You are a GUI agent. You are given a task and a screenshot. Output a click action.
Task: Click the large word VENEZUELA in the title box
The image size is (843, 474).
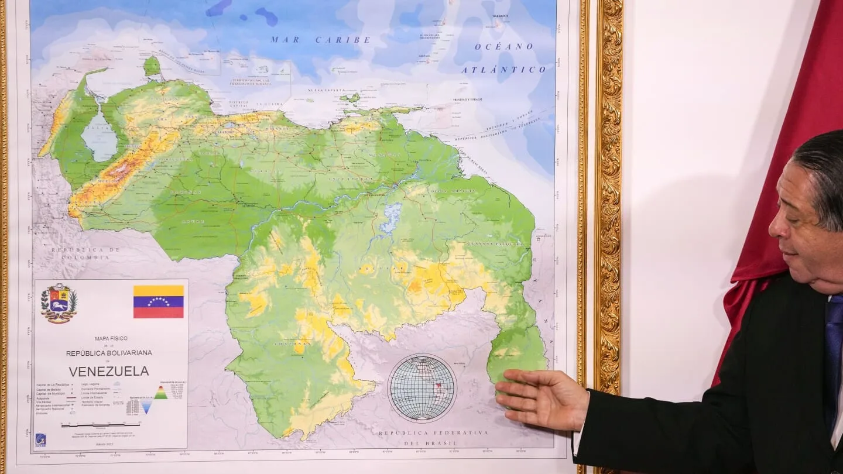click(109, 371)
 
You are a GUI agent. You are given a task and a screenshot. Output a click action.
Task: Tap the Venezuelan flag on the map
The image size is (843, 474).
click(158, 301)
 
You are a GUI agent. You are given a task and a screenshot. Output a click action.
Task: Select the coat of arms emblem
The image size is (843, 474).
click(59, 303)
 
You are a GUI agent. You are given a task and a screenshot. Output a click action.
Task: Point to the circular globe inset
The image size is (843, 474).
click(422, 388)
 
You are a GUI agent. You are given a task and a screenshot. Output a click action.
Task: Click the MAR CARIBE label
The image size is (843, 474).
click(320, 40)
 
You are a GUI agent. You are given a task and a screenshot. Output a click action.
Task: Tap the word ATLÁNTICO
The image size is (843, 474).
click(503, 70)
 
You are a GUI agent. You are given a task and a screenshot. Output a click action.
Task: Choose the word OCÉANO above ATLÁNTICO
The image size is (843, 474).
click(503, 47)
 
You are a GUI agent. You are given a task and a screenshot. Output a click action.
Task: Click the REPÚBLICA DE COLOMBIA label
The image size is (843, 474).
click(85, 253)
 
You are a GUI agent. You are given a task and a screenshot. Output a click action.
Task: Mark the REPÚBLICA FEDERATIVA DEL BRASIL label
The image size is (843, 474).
click(433, 437)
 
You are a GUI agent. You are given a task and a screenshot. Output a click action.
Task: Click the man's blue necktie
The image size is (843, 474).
click(833, 351)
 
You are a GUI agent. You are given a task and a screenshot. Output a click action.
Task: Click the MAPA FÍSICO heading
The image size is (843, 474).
click(111, 338)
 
